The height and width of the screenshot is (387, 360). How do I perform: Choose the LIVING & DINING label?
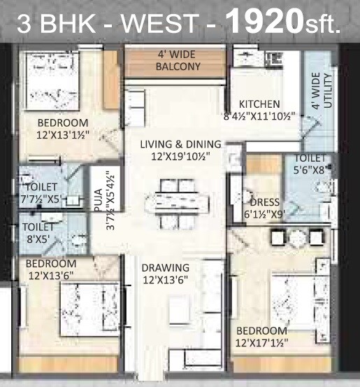click(x=180, y=144)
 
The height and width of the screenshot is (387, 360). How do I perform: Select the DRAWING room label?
click(x=166, y=267)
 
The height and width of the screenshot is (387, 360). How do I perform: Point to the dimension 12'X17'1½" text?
click(x=261, y=342)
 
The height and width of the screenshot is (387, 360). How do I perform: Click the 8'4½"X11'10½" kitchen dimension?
click(x=259, y=115)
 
